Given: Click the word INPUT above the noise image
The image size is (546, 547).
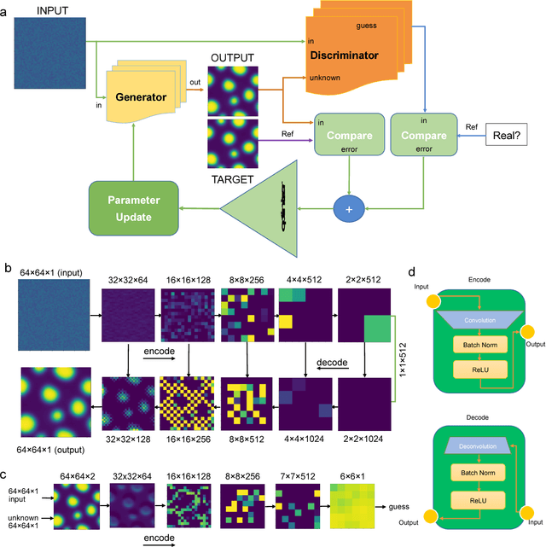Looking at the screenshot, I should tap(52, 11).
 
